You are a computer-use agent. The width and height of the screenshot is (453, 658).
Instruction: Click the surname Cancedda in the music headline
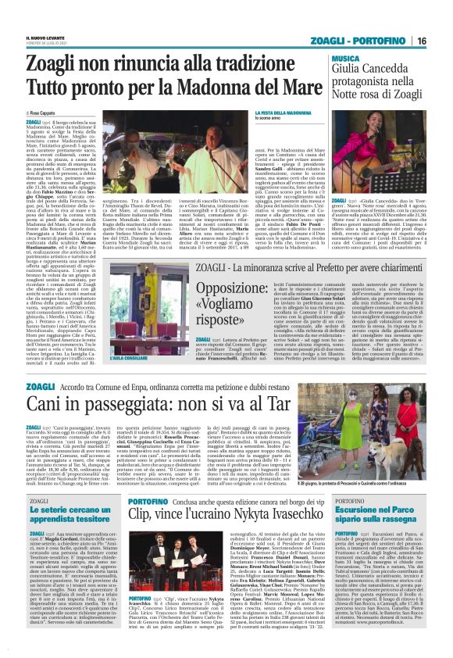click(388, 70)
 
